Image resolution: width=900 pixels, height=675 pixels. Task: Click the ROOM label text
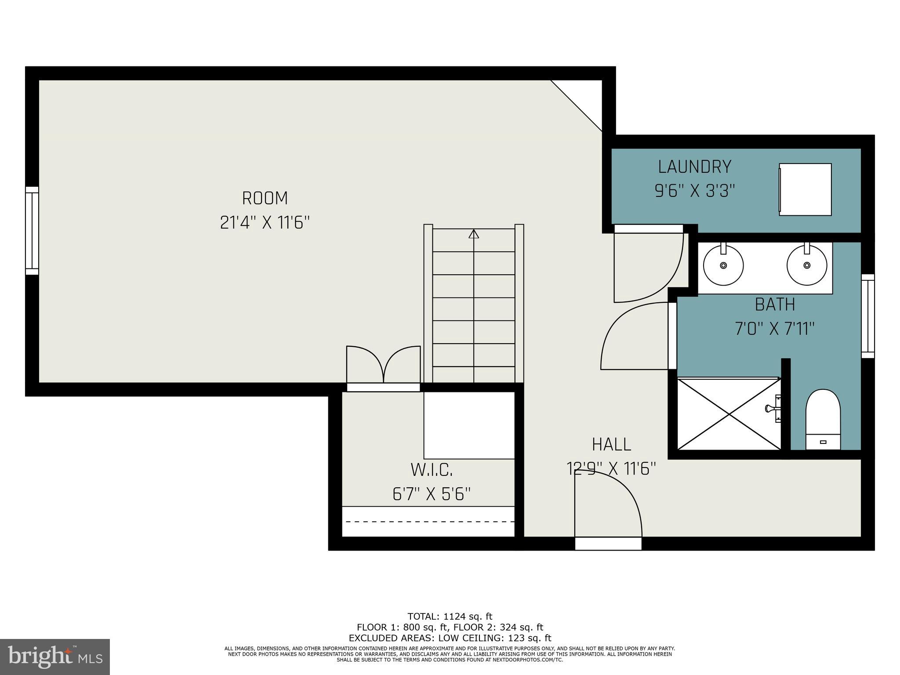[265, 198]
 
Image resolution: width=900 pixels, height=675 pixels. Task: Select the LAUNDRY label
[694, 167]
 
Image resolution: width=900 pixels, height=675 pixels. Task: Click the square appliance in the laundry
[805, 189]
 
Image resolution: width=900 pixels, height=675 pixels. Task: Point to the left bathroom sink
[723, 265]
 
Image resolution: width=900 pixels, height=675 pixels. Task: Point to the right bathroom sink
[806, 265]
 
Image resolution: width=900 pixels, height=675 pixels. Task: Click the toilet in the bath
[823, 420]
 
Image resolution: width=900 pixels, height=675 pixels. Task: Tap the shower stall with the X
[729, 414]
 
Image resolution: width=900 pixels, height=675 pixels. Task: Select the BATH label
[775, 305]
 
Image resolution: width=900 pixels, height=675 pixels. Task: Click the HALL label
[611, 444]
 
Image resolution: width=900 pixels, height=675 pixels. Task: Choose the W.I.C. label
[432, 470]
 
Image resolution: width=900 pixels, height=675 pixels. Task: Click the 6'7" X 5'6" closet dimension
[432, 494]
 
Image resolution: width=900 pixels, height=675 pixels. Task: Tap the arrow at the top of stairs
[473, 234]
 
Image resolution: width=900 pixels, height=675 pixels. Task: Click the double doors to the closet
[383, 366]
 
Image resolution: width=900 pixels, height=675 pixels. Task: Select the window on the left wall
[32, 231]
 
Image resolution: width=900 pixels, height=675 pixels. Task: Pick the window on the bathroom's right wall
[867, 316]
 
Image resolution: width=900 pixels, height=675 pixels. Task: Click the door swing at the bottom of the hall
[609, 505]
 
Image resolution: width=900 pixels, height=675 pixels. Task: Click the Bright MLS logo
[55, 657]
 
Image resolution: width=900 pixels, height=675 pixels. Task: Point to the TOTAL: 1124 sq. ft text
[450, 617]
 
